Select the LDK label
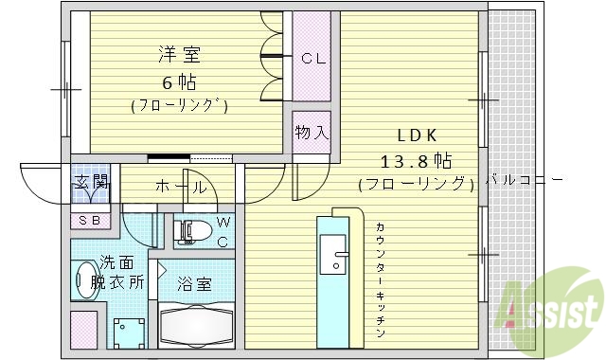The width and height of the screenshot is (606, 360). pos(416,134)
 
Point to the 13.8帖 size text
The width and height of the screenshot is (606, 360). pos(416,158)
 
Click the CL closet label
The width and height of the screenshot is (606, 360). pos(312,59)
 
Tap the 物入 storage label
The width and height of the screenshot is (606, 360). pos(312,132)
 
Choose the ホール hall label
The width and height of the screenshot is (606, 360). pos(179,187)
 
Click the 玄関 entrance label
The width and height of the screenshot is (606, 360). pos(91,183)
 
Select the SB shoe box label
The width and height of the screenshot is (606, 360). pos(91,221)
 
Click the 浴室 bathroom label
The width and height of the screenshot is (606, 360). pos(196,282)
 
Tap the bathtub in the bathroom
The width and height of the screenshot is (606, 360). pos(197,328)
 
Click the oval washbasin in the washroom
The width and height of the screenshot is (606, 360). pos(84,283)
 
